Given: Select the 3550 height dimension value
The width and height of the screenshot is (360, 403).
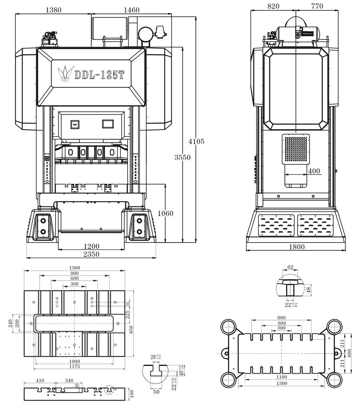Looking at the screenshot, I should [182, 157].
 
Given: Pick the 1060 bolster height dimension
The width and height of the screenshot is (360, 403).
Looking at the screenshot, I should [165, 213].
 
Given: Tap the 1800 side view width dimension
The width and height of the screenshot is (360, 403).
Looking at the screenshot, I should [296, 247].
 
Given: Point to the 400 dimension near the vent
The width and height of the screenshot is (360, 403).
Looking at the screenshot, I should [314, 171].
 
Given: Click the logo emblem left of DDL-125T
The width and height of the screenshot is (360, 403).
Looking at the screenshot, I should [64, 74].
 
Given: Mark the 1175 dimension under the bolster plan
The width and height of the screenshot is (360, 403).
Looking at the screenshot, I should [74, 366].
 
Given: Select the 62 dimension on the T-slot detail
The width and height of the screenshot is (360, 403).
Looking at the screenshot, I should [290, 267].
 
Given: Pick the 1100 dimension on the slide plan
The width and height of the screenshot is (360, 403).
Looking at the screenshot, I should [281, 377].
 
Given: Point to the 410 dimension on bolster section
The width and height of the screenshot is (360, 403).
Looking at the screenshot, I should [40, 381].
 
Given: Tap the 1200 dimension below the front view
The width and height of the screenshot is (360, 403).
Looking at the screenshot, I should [92, 246].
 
